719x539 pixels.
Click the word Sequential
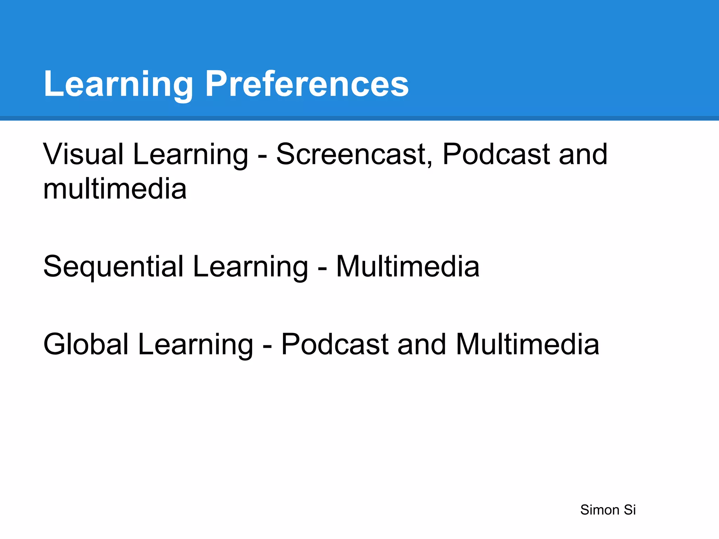point(113,267)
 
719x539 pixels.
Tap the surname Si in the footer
point(629,510)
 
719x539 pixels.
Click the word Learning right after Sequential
point(250,267)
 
